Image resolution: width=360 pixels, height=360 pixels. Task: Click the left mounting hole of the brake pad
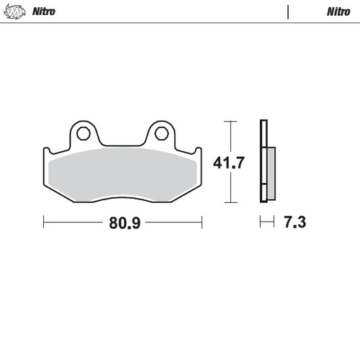tap(81, 133)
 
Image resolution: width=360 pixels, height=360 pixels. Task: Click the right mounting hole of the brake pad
tap(161, 133)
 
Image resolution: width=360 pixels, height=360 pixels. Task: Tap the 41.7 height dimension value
tap(230, 163)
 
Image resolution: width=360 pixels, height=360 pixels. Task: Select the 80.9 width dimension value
tap(123, 222)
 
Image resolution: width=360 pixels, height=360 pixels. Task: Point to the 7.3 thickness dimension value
tap(295, 222)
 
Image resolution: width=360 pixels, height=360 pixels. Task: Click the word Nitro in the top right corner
tap(338, 12)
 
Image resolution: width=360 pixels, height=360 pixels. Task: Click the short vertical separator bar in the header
tap(287, 12)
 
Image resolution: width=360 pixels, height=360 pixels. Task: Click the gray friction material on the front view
tap(122, 173)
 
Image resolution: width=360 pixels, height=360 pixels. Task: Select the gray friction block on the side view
tap(271, 169)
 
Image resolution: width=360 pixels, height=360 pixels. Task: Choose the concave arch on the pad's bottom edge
tap(122, 202)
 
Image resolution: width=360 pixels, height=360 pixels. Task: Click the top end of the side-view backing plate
tap(264, 122)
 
